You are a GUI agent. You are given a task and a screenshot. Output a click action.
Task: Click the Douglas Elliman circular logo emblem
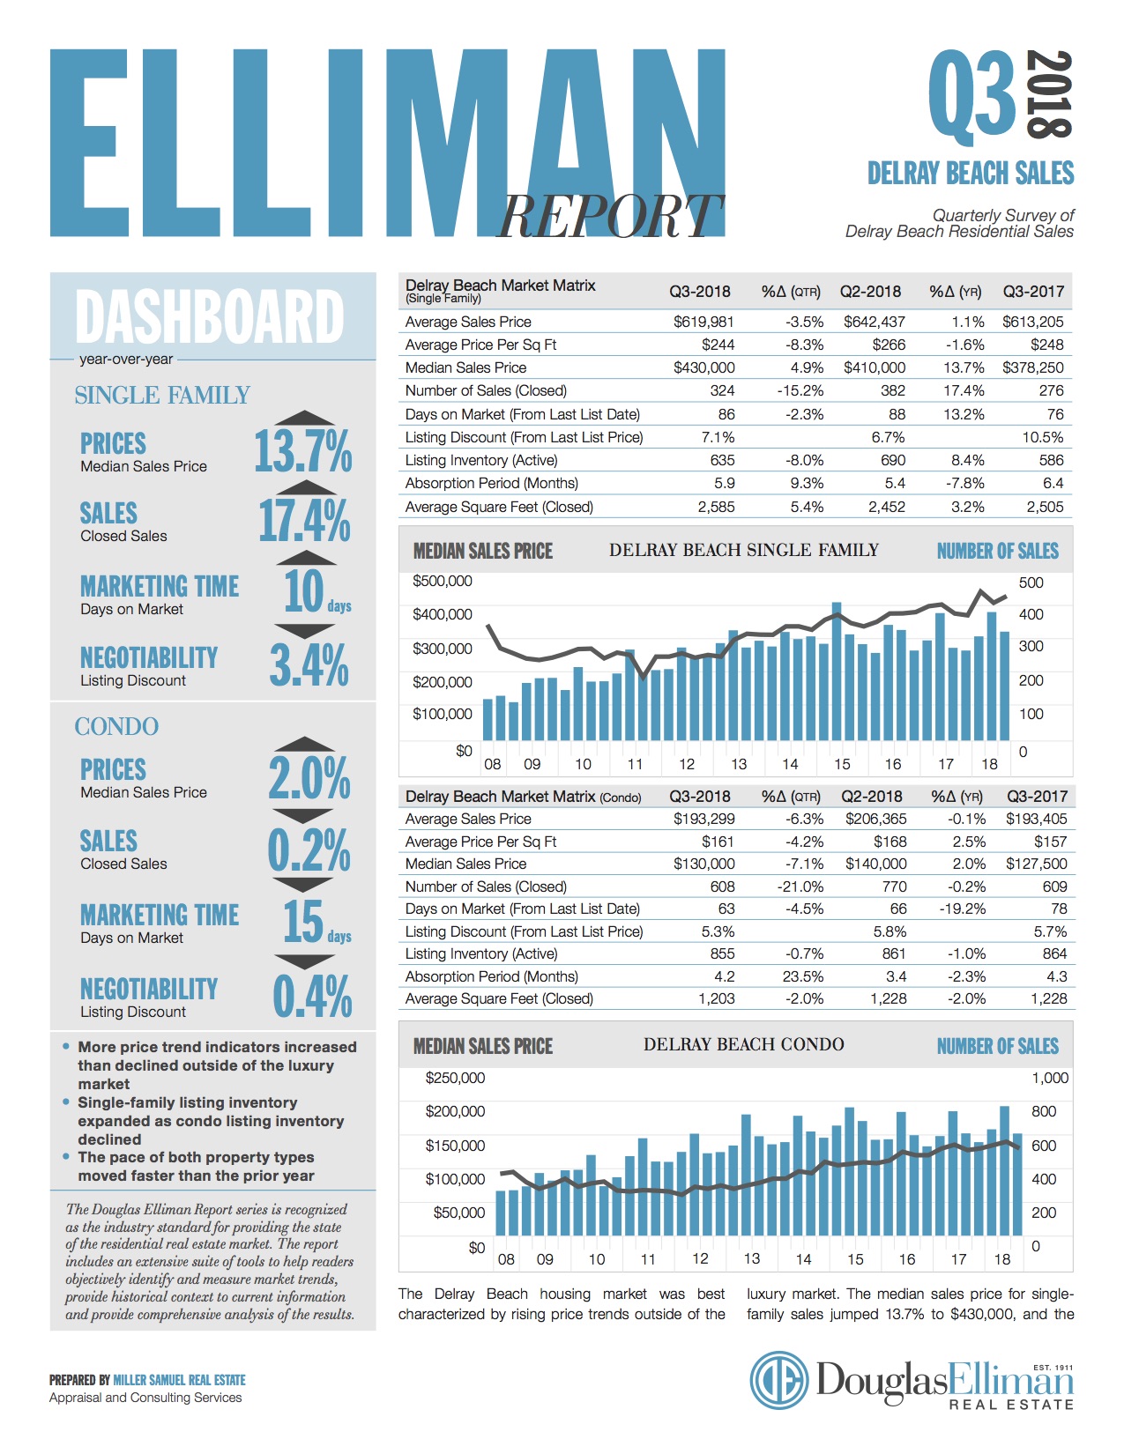(x=779, y=1380)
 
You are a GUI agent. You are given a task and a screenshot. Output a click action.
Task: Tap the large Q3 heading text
(x=972, y=97)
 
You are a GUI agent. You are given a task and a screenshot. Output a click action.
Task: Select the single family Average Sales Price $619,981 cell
(x=703, y=322)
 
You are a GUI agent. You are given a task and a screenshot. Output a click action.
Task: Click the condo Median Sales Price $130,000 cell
(x=703, y=864)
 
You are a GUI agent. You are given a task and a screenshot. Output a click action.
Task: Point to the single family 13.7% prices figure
(x=302, y=451)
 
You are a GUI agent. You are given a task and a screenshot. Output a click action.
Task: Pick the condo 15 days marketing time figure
(x=304, y=921)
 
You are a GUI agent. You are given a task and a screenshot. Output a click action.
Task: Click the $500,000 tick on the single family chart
(x=443, y=582)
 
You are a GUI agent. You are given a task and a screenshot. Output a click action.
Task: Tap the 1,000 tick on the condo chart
(x=1049, y=1078)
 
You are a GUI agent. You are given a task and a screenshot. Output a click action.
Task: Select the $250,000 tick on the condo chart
(x=455, y=1078)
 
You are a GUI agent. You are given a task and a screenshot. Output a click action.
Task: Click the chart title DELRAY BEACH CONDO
(x=743, y=1044)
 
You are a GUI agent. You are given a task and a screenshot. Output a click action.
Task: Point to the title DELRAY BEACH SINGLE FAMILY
(x=743, y=550)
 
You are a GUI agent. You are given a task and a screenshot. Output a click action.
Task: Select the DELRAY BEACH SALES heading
(x=971, y=173)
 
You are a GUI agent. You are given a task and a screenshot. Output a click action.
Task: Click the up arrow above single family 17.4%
(x=305, y=488)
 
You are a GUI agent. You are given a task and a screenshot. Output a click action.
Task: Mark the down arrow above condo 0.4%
(x=304, y=961)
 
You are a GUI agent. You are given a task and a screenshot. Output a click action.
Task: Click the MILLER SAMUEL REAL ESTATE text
(x=179, y=1380)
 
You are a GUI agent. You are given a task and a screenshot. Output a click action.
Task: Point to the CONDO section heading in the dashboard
(x=116, y=726)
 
